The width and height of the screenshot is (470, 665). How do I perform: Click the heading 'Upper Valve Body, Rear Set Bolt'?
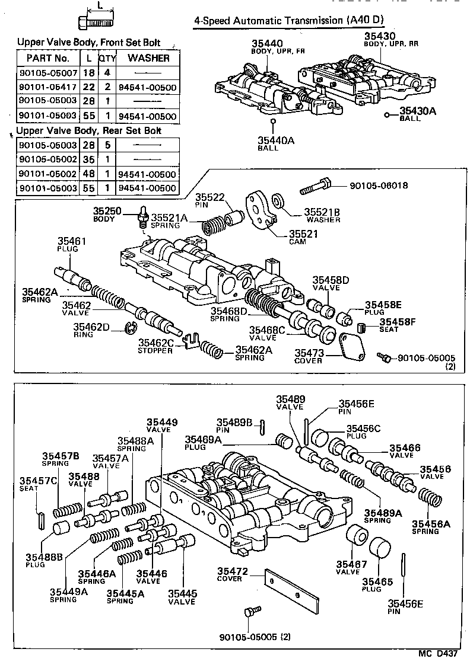point(89,130)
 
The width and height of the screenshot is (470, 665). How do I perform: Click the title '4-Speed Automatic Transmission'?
point(268,20)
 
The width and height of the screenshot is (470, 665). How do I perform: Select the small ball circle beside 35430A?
point(386,114)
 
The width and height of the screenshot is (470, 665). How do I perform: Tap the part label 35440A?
point(272,140)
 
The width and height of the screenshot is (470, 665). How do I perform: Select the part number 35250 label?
point(106,210)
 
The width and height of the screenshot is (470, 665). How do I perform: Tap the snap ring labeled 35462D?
point(132,327)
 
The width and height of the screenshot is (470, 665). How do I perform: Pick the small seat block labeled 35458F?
point(361,324)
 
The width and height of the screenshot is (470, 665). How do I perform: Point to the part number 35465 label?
point(378,582)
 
